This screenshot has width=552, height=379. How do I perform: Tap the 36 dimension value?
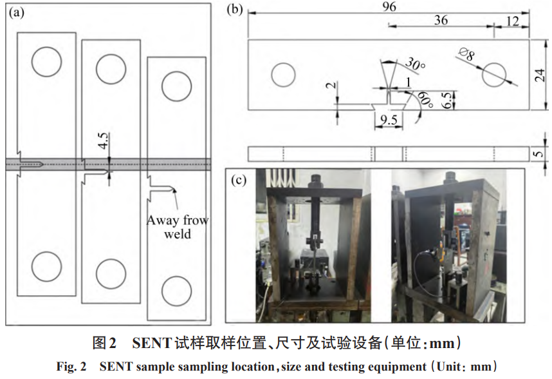[441, 20]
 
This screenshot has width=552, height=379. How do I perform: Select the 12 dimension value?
[512, 21]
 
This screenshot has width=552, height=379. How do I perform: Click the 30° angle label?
[416, 64]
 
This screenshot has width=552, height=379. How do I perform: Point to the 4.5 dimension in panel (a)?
[104, 140]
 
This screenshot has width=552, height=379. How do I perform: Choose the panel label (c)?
[239, 180]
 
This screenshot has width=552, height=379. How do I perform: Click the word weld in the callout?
[177, 234]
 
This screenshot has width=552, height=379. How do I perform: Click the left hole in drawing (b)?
[283, 75]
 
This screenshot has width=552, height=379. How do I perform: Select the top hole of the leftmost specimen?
[47, 61]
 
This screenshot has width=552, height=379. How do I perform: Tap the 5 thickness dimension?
[540, 153]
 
